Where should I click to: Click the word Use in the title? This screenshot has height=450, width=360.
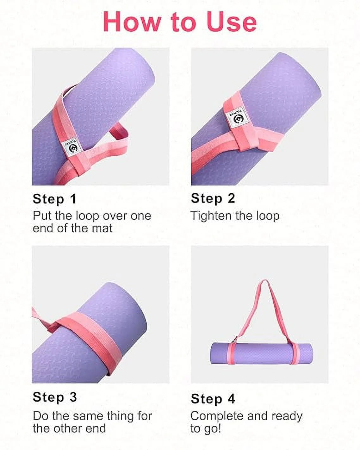[232, 22]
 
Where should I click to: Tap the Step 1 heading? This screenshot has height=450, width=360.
[54, 199]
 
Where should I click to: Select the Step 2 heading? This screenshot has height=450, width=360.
[213, 198]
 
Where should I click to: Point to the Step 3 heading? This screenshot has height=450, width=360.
[55, 397]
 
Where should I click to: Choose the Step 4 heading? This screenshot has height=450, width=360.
[213, 399]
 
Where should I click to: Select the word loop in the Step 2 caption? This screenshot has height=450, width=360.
[268, 216]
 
